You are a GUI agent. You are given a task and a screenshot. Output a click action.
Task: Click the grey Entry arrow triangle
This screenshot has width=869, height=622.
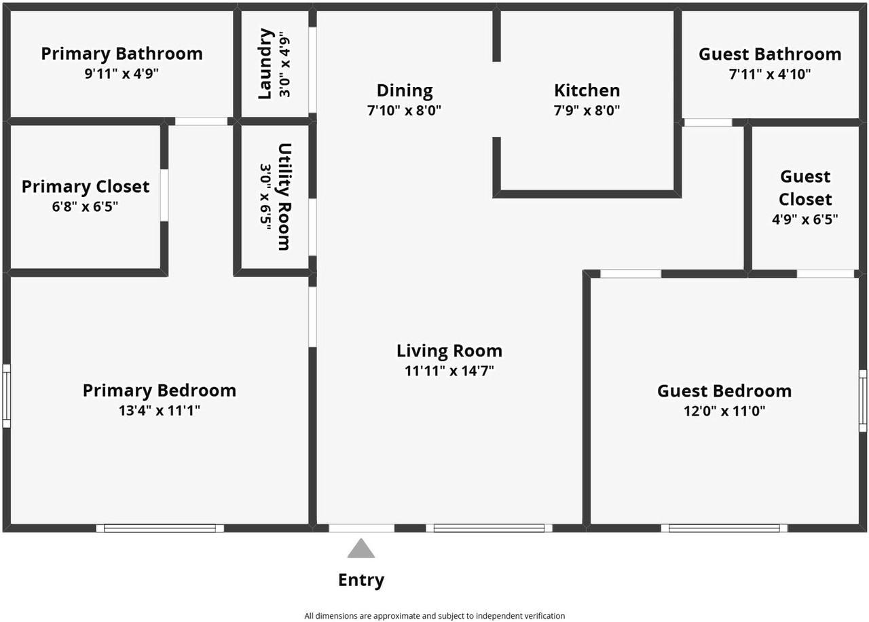click(361, 549)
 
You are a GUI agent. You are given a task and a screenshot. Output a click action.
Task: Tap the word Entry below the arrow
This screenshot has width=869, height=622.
click(361, 581)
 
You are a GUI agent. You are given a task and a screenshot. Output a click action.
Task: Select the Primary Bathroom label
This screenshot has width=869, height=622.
click(122, 54)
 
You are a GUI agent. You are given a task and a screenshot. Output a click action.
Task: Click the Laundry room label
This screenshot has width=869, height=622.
click(265, 63)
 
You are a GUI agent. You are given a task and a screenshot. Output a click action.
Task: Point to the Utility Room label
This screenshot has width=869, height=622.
click(284, 196)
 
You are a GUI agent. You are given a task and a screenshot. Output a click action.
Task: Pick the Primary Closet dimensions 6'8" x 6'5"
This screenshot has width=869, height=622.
click(85, 206)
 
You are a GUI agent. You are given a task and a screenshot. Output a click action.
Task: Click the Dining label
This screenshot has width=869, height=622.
click(405, 90)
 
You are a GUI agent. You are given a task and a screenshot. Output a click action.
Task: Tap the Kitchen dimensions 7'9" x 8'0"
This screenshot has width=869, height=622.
click(587, 110)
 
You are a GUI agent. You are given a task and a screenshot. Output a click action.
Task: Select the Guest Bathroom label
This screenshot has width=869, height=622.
click(770, 54)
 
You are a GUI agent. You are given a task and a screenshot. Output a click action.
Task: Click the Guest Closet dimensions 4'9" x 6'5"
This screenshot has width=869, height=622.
click(805, 219)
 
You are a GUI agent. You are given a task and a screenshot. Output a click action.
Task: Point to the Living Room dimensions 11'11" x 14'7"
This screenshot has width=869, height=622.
click(449, 371)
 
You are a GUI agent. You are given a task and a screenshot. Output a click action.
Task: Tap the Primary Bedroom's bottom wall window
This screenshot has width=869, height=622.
click(160, 528)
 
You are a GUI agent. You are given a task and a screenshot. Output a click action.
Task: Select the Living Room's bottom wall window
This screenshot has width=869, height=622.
click(489, 528)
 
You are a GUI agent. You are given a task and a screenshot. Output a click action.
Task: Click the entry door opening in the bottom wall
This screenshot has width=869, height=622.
click(361, 528)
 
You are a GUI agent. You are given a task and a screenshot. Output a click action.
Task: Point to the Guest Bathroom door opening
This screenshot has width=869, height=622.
click(707, 123)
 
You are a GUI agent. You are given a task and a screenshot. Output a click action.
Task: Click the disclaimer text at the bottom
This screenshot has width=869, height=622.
click(434, 616)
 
